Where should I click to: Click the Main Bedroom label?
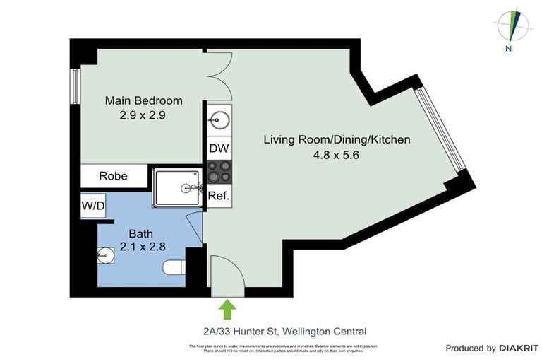(x=143, y=100)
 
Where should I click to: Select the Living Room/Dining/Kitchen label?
(x=337, y=140)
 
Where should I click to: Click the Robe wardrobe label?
(x=113, y=175)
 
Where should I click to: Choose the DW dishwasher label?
(x=218, y=149)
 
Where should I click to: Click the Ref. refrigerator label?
(x=218, y=197)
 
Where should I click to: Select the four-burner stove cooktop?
(x=218, y=173)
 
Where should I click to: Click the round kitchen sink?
(x=219, y=121)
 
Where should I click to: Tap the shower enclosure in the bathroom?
(x=177, y=188)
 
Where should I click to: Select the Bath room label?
(x=140, y=233)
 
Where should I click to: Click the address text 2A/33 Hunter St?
(x=281, y=331)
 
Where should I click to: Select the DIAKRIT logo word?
(x=519, y=348)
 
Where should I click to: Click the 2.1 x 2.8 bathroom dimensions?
(x=140, y=247)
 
